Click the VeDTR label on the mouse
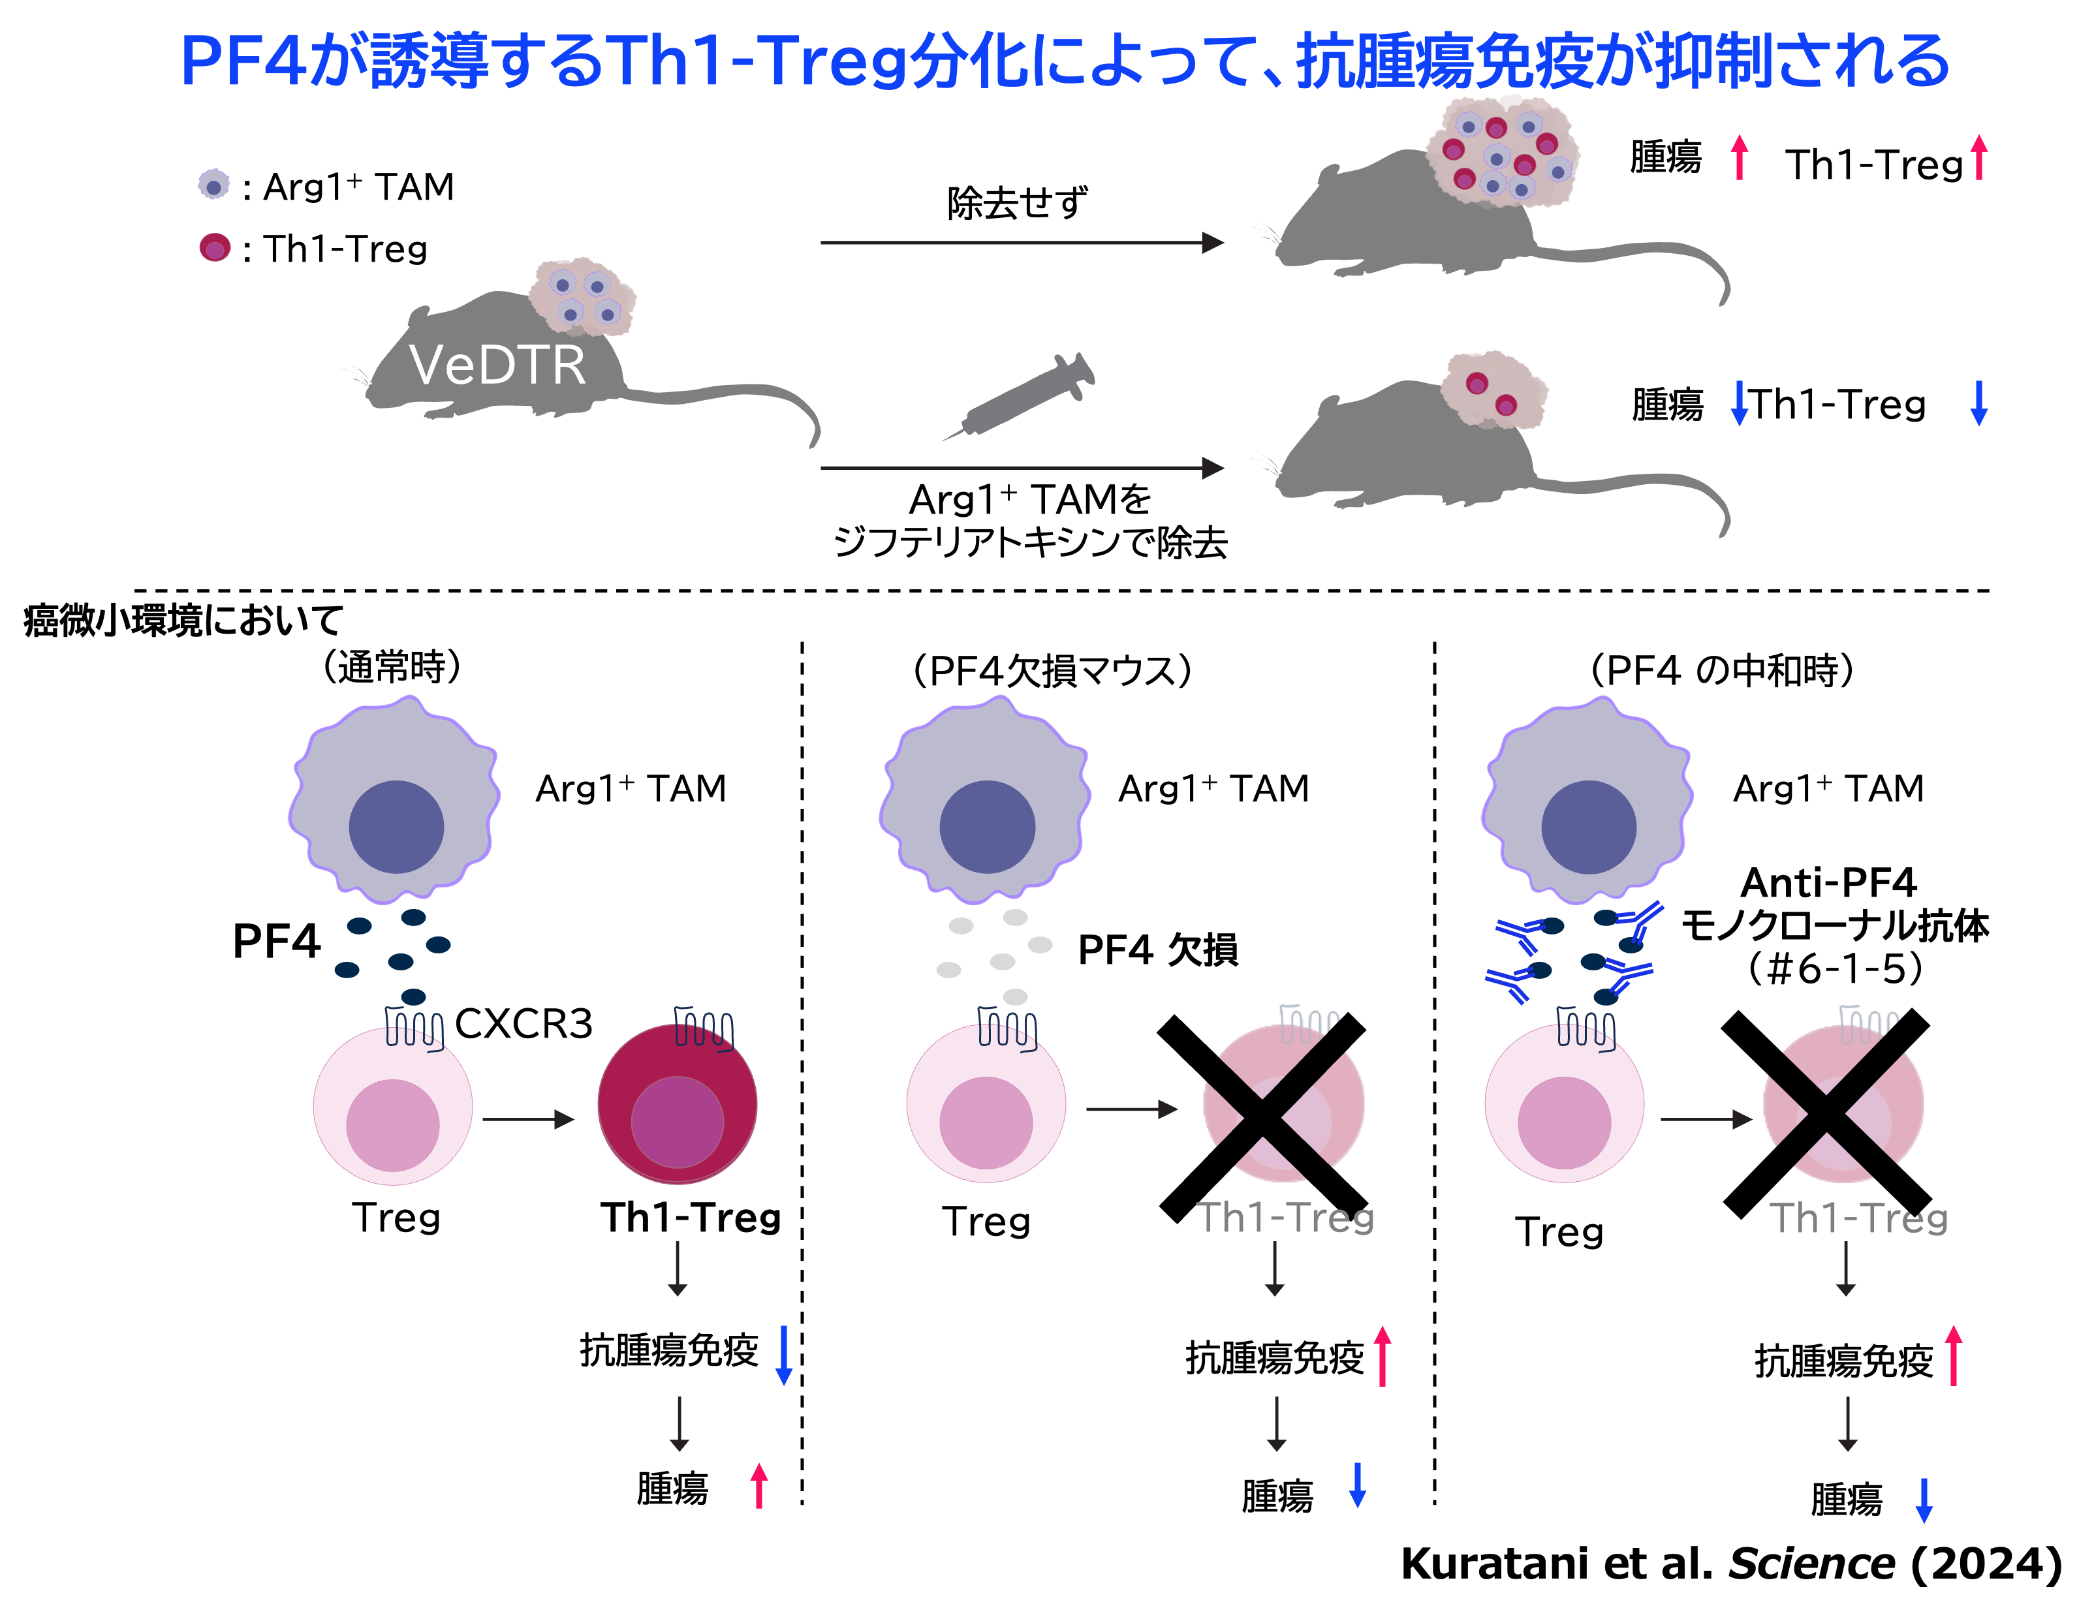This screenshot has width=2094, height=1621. click(x=497, y=365)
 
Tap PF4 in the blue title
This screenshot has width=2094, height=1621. click(x=245, y=62)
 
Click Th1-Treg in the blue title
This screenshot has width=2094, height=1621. click(x=757, y=62)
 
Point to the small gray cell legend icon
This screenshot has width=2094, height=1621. click(x=214, y=184)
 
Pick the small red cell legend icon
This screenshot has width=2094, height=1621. click(x=215, y=247)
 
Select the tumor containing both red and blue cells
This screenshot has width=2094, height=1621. click(x=1501, y=151)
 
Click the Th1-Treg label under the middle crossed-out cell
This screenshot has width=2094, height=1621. click(x=1285, y=1218)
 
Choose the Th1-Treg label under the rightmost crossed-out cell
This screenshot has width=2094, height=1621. click(x=1858, y=1218)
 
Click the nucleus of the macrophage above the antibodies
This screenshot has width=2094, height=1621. click(x=1589, y=826)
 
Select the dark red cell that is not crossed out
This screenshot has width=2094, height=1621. click(x=677, y=1104)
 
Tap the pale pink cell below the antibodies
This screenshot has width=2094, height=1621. click(x=1564, y=1104)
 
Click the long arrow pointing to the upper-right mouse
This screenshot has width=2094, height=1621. click(x=1021, y=243)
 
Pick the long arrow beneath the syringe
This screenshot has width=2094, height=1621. click(x=1021, y=468)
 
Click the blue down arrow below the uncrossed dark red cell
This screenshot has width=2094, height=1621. click(x=783, y=1355)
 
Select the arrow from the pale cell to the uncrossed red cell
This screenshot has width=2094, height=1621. click(x=527, y=1119)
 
